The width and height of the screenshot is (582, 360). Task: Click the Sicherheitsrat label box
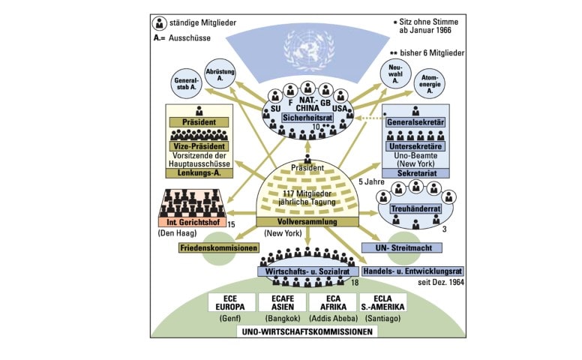306,118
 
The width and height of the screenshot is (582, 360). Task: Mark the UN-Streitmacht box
401,247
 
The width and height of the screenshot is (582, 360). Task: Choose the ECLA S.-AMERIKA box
382,302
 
